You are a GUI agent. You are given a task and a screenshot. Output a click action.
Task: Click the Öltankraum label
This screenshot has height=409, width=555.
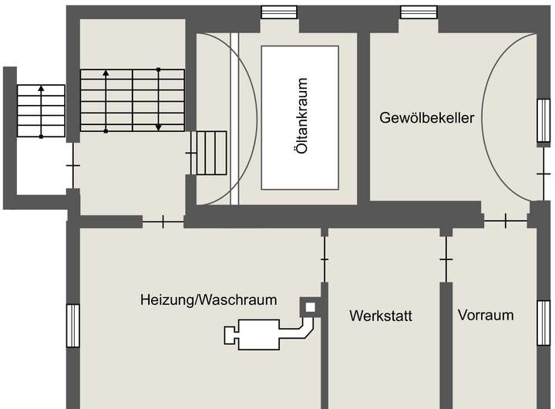coord(302,117)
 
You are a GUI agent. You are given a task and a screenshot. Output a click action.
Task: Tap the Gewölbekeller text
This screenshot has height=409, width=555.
coord(426,118)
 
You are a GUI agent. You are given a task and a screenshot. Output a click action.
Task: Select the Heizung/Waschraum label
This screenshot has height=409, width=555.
coord(208,299)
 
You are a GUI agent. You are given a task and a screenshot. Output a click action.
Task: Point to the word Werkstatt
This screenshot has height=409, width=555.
coord(381,316)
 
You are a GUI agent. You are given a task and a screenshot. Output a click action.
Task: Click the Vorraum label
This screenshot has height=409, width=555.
coord(486,315)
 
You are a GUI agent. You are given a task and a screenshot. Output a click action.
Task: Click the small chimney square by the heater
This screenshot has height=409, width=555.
coord(311,307)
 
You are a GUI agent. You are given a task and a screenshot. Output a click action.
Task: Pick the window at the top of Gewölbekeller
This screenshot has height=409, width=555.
coord(419,12)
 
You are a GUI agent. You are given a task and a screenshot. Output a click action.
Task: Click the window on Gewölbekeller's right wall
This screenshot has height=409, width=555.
coord(543,121)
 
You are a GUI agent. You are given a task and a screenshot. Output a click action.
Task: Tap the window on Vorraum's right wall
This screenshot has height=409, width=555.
coord(543,323)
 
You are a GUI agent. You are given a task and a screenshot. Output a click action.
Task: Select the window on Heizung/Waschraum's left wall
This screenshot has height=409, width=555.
coord(73,326)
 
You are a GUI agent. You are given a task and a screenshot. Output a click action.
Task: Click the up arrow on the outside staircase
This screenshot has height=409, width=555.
coord(41,90)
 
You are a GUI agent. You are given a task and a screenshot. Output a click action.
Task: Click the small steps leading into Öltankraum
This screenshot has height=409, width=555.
coord(210,153)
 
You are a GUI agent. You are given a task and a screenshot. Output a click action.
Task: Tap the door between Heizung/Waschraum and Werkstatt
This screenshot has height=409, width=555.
coord(325,259)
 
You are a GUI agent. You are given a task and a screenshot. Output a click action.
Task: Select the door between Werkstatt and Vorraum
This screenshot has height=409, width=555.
coord(446,259)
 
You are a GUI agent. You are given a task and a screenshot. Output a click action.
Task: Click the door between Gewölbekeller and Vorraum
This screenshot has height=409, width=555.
coord(506,221)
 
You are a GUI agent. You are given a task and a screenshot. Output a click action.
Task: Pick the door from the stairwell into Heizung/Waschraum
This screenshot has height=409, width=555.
coord(163,222)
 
